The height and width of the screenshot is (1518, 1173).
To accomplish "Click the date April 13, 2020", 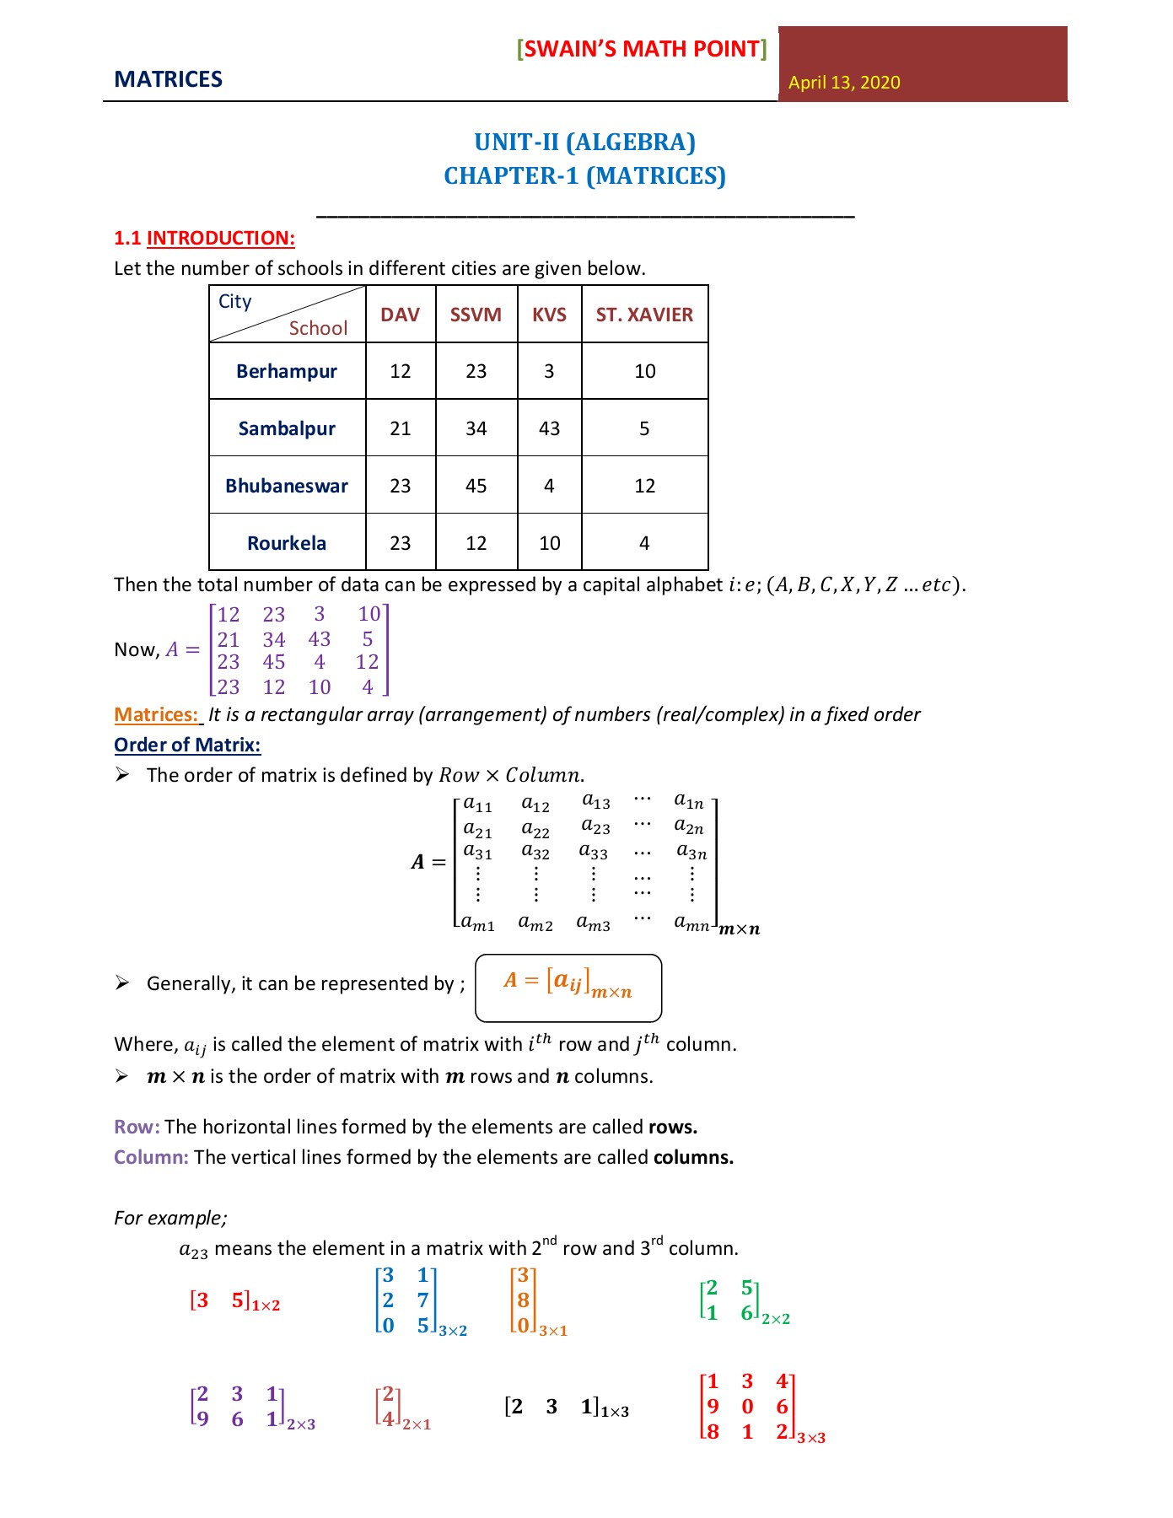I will click(x=844, y=83).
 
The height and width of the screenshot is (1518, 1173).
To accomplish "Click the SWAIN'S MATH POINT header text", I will click(x=642, y=49).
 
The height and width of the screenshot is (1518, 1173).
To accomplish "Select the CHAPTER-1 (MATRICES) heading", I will click(x=584, y=175).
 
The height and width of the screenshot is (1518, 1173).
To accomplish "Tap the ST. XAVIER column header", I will click(x=644, y=315).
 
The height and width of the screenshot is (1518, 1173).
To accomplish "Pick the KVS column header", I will click(x=549, y=315).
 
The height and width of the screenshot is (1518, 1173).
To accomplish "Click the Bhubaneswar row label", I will click(x=287, y=486).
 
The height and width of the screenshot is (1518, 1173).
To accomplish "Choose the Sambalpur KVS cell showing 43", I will click(x=549, y=428).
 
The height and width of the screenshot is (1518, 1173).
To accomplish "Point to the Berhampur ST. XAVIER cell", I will click(x=644, y=371).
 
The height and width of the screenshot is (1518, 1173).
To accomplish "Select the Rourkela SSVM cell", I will click(x=476, y=543).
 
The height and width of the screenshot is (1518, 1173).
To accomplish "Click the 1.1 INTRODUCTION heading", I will click(x=205, y=238).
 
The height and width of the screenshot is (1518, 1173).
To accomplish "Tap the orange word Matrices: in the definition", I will click(x=156, y=715).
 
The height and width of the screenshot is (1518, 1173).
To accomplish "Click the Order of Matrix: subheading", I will click(x=187, y=746).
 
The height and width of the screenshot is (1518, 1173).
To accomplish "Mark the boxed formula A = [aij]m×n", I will click(x=568, y=988).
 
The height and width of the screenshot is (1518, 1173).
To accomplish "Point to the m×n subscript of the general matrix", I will click(x=740, y=929).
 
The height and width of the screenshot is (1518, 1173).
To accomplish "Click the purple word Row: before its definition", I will click(x=137, y=1128).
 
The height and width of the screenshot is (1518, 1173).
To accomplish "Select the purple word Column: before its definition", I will click(x=151, y=1158).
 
